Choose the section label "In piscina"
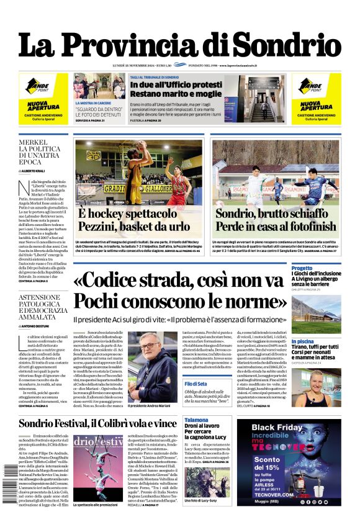tap(303, 341)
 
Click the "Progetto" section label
tap(302, 268)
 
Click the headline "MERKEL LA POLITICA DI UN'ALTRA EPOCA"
tap(42, 150)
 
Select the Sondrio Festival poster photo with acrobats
tap(98, 475)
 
